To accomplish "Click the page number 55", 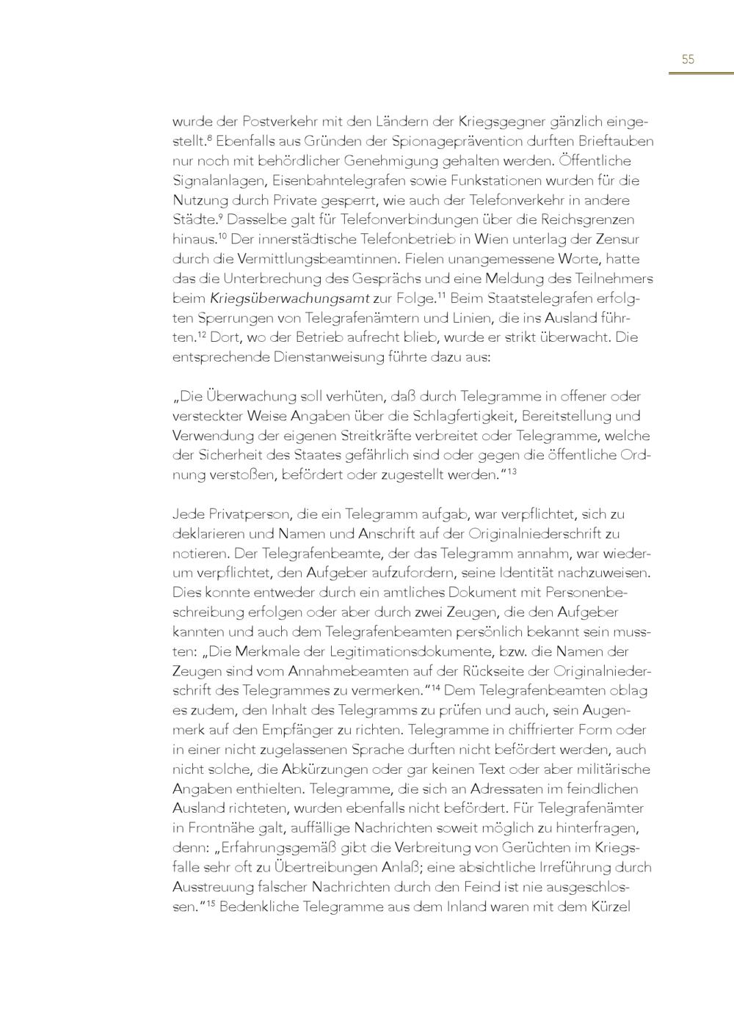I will [x=688, y=59].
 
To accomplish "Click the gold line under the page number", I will [x=701, y=73].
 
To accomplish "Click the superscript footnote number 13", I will [x=512, y=470].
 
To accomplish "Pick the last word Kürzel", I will [x=611, y=907].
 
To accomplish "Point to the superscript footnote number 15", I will [x=209, y=903].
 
